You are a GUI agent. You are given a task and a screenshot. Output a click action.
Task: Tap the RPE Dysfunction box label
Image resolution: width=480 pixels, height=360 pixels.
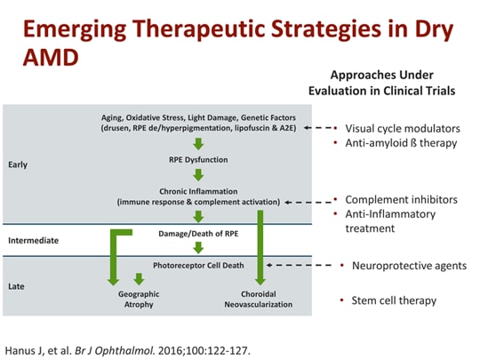tap(198, 160)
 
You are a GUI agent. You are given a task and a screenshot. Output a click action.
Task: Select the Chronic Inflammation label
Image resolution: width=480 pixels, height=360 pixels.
tap(198, 190)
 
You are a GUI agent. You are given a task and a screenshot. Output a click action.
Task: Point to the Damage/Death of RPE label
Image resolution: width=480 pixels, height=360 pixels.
tap(198, 232)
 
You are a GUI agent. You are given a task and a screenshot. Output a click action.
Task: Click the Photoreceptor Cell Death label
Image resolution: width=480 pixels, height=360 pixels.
tap(197, 265)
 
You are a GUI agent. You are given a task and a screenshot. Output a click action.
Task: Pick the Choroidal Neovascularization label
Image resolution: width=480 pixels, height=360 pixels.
tap(260, 299)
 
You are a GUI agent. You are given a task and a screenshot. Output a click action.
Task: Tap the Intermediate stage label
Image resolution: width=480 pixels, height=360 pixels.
tap(33, 240)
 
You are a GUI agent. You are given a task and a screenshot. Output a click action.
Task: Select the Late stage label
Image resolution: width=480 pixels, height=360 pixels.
tap(17, 286)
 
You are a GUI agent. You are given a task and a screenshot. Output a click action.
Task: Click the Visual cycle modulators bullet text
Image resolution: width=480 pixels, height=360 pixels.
tap(401, 127)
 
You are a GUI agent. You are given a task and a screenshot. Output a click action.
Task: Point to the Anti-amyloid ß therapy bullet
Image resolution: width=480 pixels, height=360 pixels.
tap(395, 143)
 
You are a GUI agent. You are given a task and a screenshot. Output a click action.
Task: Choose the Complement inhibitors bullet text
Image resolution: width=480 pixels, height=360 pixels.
tap(401, 199)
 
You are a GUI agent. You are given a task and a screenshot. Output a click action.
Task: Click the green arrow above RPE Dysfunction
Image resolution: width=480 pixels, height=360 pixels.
tap(198, 143)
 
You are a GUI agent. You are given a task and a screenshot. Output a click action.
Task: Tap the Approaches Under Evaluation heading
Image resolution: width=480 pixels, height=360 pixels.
tap(381, 83)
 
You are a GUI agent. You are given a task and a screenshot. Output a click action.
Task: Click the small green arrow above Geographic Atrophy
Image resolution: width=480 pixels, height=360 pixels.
tap(138, 279)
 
